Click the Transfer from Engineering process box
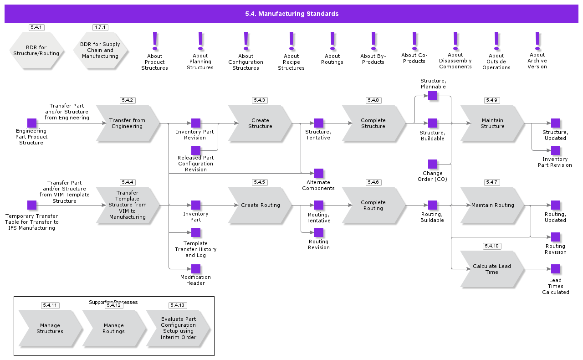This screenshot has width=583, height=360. (x=128, y=123)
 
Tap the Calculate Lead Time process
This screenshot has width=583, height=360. (x=492, y=269)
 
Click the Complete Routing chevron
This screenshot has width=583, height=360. (x=373, y=205)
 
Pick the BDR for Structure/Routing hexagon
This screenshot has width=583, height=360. (x=36, y=50)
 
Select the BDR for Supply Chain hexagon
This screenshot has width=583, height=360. (x=100, y=50)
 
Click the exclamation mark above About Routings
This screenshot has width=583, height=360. (x=332, y=41)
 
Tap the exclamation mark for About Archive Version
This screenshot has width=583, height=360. (x=537, y=41)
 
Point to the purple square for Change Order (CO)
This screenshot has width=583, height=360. (x=433, y=164)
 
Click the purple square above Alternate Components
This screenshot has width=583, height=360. (x=319, y=173)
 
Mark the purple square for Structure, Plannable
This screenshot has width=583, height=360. (x=433, y=96)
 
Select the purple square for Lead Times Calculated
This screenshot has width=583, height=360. (x=556, y=269)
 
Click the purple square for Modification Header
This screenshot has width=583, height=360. (x=196, y=269)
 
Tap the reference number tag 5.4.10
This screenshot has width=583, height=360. (x=492, y=246)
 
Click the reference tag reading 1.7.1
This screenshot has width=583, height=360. (x=100, y=27)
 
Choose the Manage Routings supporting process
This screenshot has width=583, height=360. (x=114, y=329)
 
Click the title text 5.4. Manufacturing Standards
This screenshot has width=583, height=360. (x=291, y=14)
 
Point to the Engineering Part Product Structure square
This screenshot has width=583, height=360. (x=32, y=123)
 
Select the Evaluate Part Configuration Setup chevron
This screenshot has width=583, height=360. (x=178, y=329)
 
